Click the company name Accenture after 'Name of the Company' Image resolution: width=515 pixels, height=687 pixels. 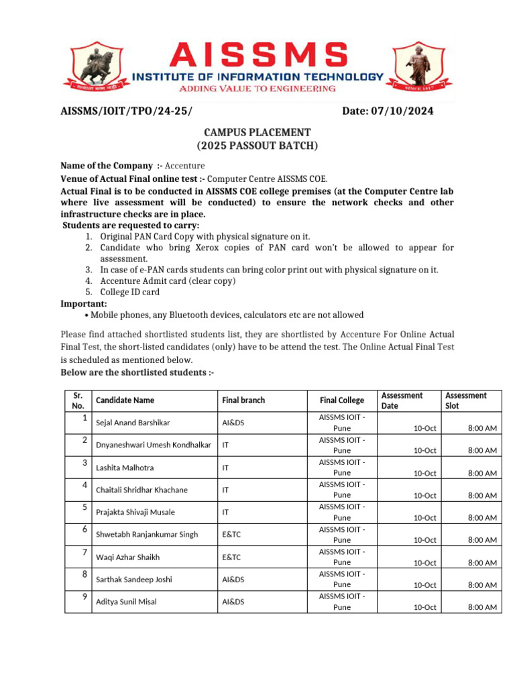(x=185, y=166)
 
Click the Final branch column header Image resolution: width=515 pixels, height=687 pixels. (x=243, y=401)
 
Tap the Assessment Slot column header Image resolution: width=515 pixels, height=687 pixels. (x=466, y=401)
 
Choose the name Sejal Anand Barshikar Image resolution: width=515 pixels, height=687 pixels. (x=133, y=423)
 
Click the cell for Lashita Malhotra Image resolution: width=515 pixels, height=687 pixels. (x=125, y=468)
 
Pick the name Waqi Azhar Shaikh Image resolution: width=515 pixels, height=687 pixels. (x=128, y=557)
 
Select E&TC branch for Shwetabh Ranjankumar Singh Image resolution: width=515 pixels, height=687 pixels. (x=231, y=535)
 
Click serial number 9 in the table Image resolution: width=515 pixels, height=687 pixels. (x=84, y=596)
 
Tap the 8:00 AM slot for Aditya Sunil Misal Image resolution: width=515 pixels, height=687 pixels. (x=481, y=607)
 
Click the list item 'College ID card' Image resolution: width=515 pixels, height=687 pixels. (x=130, y=292)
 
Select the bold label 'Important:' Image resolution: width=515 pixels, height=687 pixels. (x=84, y=303)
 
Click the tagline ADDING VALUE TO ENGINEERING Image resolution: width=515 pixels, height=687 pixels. (x=257, y=89)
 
